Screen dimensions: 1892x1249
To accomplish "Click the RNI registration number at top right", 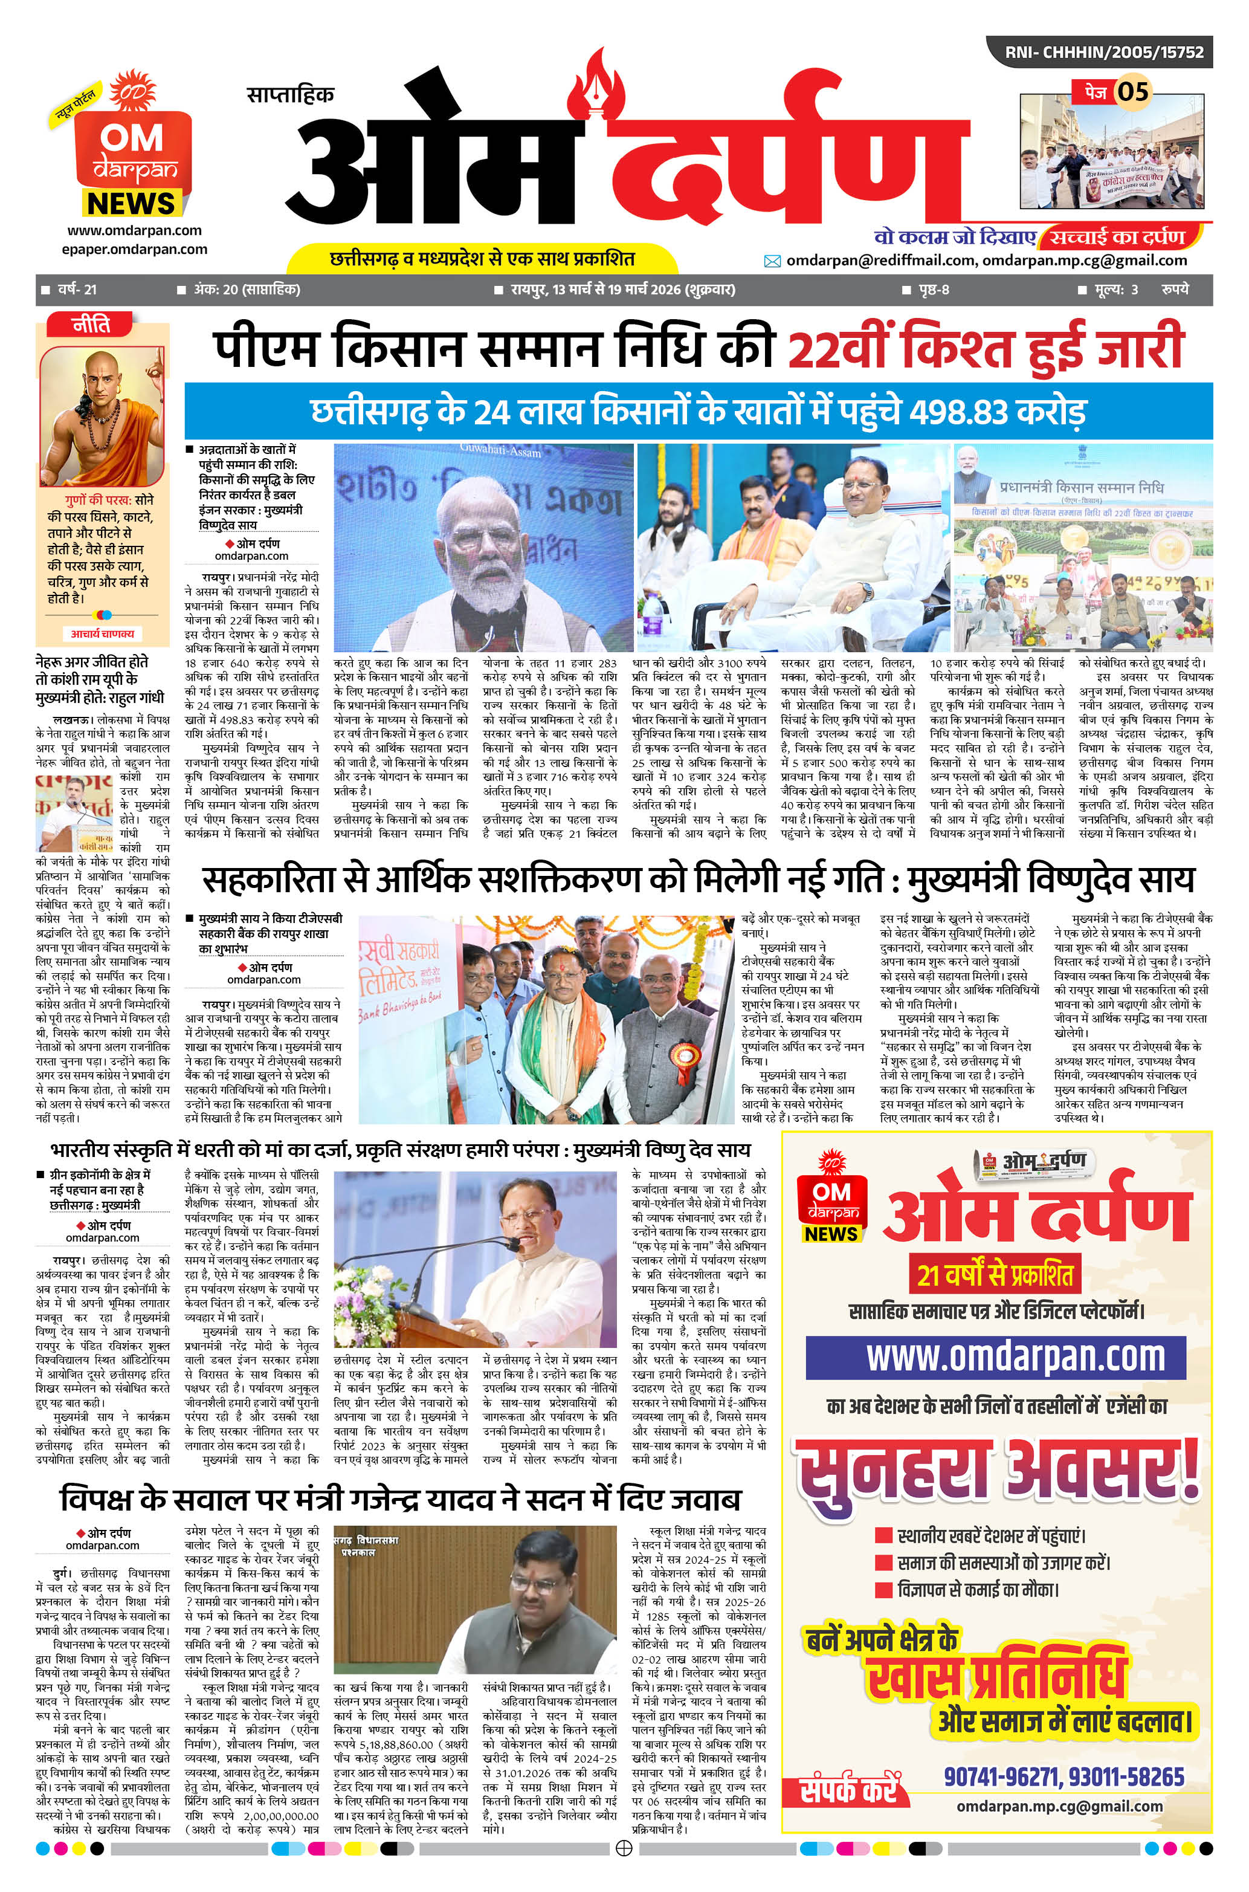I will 1103,53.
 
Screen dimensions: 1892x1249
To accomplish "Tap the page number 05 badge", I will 1131,92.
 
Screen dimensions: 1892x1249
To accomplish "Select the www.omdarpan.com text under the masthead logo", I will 134,230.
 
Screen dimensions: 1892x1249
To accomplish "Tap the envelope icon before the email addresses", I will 772,261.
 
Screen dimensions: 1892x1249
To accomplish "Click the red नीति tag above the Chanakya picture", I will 91,325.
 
